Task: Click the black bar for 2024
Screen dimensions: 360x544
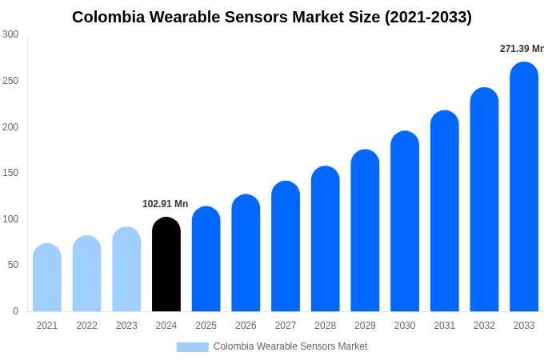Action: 166,265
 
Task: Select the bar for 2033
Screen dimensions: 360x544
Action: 524,187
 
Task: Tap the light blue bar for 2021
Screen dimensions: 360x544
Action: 47,278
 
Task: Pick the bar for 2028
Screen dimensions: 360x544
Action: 326,239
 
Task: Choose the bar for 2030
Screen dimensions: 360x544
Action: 405,222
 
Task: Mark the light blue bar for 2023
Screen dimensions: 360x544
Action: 126,270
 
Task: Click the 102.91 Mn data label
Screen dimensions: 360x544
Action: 165,204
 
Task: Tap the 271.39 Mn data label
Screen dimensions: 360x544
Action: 522,49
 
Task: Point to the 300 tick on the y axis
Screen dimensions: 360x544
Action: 10,34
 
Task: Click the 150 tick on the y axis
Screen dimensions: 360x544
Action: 10,173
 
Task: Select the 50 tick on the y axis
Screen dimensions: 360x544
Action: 13,265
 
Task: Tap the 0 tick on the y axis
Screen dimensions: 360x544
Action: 15,311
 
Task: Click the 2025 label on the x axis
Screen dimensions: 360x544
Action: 206,326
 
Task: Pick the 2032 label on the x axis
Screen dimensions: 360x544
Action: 484,326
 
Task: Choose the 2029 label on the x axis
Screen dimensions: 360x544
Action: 365,326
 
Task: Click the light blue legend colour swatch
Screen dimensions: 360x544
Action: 192,347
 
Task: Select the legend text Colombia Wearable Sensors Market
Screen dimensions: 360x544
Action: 290,346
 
